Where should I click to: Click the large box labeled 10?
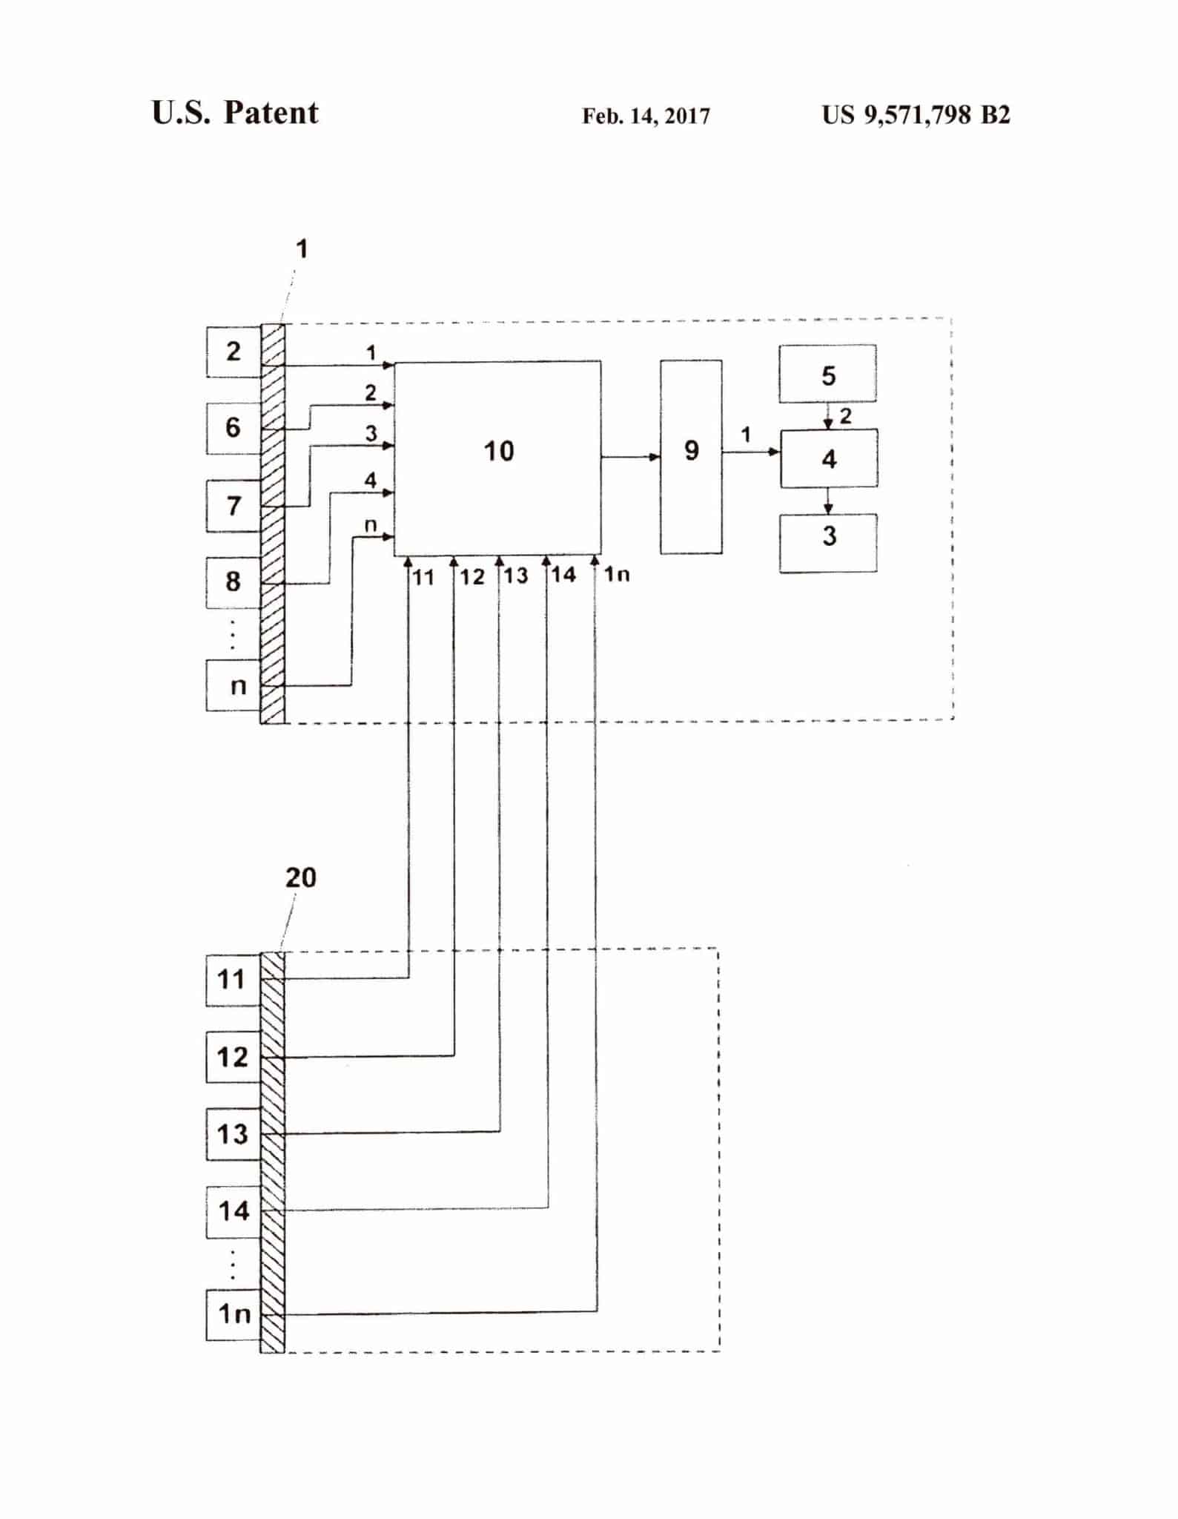[x=497, y=458]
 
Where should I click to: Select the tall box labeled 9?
[x=691, y=457]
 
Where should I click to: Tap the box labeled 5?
[x=827, y=374]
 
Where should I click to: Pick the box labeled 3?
[x=828, y=543]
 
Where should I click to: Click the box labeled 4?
[x=829, y=458]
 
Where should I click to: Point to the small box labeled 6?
[x=234, y=428]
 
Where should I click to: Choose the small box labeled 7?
[x=234, y=506]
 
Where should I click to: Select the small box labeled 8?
[x=234, y=582]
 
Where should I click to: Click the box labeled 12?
[x=233, y=1057]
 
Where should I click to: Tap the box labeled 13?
[x=233, y=1134]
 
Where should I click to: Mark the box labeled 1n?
[x=233, y=1315]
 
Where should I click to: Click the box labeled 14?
[x=233, y=1212]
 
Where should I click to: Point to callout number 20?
[x=300, y=878]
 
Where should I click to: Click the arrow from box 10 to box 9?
[x=630, y=457]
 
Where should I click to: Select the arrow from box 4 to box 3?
[x=828, y=501]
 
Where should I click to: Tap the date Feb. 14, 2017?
[x=646, y=116]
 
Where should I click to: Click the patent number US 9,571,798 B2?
[x=916, y=115]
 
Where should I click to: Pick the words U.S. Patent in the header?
[x=235, y=113]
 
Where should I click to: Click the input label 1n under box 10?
[x=617, y=574]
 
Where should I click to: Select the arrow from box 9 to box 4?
[x=750, y=451]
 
